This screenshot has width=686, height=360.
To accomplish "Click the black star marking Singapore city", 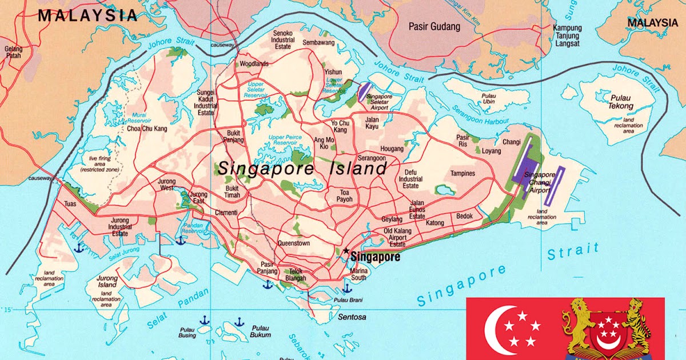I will pos(346,250).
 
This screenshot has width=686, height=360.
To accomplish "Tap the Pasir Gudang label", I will pos(434,26).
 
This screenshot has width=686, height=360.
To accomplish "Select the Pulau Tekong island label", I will pos(621,102).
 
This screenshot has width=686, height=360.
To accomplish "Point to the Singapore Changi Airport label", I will pos(540,182).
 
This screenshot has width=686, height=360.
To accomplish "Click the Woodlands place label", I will pos(254,64).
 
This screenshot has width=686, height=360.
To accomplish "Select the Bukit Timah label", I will pos(232,191).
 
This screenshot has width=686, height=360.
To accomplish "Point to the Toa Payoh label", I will pos(345,196).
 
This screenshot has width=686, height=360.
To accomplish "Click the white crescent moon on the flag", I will pos(496,330).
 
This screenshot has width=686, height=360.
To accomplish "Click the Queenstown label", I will pos(293,243).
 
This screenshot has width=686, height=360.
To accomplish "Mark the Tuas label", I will pos(70,203).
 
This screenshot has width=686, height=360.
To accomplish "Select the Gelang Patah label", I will pos(13,53).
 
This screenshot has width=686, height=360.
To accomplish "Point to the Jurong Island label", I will pos(107,281).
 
